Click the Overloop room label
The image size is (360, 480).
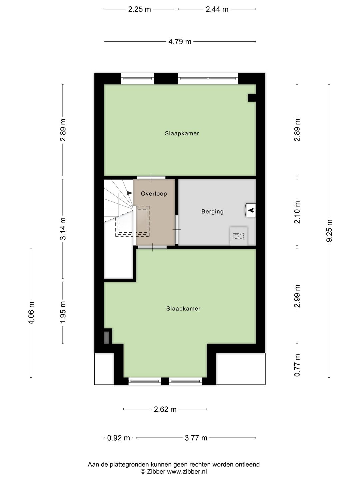(x=154, y=194)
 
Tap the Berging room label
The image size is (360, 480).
(x=212, y=211)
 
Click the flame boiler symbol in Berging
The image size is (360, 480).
(x=251, y=210)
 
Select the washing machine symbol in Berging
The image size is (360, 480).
(x=239, y=236)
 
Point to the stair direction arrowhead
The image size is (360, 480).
(x=130, y=193)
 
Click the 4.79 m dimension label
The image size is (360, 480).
(x=180, y=42)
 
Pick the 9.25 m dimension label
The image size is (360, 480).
(x=329, y=231)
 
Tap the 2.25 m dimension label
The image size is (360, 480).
(x=139, y=9)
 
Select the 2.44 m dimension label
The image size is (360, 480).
(x=217, y=9)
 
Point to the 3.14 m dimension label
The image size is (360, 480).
(x=63, y=228)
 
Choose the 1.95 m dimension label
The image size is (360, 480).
(x=63, y=312)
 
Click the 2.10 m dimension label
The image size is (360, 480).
(x=297, y=212)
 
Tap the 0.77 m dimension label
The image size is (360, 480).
(x=297, y=365)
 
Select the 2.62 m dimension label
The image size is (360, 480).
(x=165, y=409)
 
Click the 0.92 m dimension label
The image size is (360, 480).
(x=118, y=438)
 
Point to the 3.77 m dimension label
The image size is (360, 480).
(x=196, y=438)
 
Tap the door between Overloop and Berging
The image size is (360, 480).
(x=177, y=230)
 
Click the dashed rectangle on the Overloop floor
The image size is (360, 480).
(x=132, y=221)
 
